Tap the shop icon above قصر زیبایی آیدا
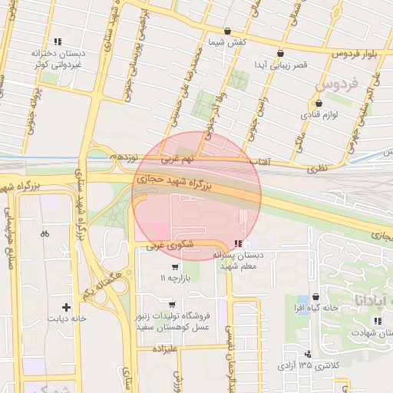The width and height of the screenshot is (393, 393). click(279, 54)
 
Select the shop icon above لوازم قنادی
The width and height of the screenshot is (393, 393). click(319, 103)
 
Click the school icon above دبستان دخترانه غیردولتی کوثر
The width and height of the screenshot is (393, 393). click(57, 42)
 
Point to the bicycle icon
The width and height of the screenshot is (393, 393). click(45, 233)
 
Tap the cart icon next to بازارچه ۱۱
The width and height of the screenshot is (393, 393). click(176, 268)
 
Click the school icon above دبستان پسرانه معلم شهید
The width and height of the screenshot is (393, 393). click(236, 244)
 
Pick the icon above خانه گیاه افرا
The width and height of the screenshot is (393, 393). click(319, 298)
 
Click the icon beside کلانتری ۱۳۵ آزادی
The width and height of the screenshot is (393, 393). click(309, 354)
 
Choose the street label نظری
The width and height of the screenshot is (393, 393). click(316, 165)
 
